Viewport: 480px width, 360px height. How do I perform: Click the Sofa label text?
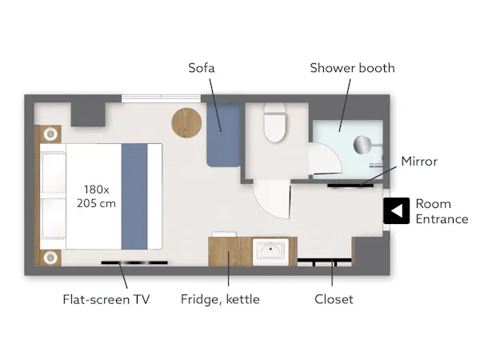(201, 68)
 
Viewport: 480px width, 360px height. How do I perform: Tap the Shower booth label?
(352, 68)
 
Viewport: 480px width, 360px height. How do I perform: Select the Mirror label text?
(419, 162)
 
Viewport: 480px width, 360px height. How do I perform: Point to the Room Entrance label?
(442, 211)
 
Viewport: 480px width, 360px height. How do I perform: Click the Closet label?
(334, 299)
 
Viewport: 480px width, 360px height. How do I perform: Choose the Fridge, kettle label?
(220, 299)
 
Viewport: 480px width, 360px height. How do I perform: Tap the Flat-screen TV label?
(106, 299)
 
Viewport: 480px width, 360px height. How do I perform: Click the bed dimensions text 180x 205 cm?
(96, 196)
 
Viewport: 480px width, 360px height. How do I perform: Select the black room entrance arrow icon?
(397, 210)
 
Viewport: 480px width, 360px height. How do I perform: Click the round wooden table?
(186, 122)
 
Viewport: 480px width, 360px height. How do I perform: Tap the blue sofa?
(223, 135)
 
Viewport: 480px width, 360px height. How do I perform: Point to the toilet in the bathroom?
(275, 122)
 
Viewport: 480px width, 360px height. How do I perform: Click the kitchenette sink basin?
(270, 250)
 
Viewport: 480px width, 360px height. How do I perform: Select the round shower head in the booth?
(362, 145)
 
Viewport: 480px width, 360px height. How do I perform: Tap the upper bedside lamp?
(50, 134)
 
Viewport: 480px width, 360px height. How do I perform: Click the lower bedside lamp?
(50, 258)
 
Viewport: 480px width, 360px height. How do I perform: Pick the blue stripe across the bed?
(134, 196)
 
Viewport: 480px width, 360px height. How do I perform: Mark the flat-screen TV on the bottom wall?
(134, 262)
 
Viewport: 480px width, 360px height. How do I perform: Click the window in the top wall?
(161, 98)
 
